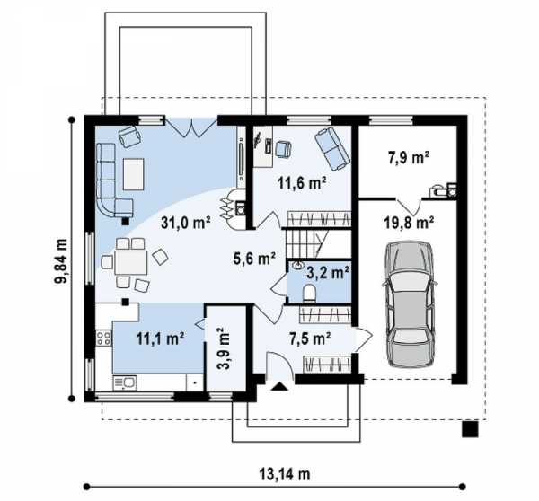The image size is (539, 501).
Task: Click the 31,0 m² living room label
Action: pyautogui.click(x=186, y=223)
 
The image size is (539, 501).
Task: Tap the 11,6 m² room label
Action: pyautogui.click(x=302, y=183)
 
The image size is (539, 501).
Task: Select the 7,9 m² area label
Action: pyautogui.click(x=409, y=158)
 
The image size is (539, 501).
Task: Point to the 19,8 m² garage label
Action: pyautogui.click(x=409, y=223)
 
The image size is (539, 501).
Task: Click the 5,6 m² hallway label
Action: pyautogui.click(x=254, y=258)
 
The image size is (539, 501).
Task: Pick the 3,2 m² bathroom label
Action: pyautogui.click(x=328, y=272)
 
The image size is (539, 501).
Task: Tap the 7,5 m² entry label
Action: pyautogui.click(x=310, y=338)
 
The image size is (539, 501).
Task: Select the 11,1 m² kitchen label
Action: pyautogui.click(x=160, y=338)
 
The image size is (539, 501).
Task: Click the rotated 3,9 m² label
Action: pyautogui.click(x=224, y=348)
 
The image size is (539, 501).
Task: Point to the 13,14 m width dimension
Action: pyautogui.click(x=285, y=475)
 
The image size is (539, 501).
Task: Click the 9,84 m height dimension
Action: pyautogui.click(x=60, y=260)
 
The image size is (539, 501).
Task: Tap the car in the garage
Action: pyautogui.click(x=409, y=304)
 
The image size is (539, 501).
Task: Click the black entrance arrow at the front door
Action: pyautogui.click(x=279, y=386)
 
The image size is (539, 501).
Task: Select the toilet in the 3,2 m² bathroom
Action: pyautogui.click(x=309, y=293)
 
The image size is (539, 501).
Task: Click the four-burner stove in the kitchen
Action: pyautogui.click(x=103, y=338)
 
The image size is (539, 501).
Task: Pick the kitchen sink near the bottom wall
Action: pyautogui.click(x=125, y=382)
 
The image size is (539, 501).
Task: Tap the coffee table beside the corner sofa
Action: pyautogui.click(x=133, y=174)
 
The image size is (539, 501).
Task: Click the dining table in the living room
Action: pyautogui.click(x=131, y=262)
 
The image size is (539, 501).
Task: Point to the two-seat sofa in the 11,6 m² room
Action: pyautogui.click(x=332, y=148)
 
